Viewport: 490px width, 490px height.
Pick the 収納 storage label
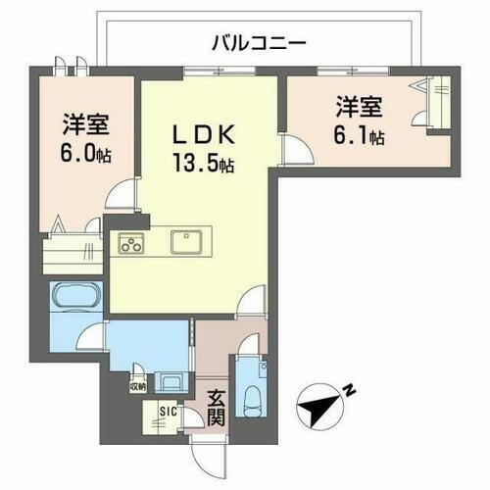(138, 385)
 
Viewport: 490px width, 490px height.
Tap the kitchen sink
(186, 242)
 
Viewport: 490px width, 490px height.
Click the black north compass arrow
(322, 406)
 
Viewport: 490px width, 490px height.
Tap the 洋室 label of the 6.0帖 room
(84, 126)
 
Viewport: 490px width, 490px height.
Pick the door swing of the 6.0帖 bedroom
(120, 196)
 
